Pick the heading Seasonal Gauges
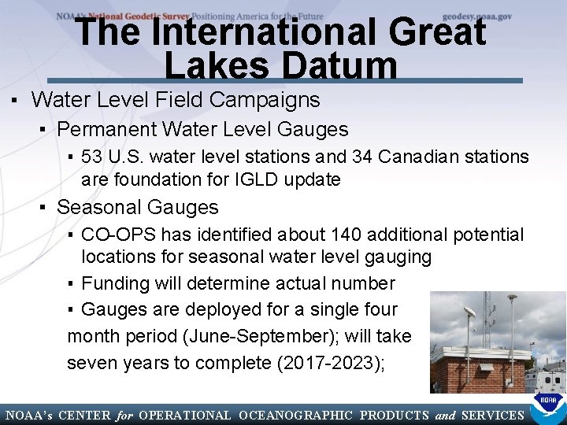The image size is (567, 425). pyautogui.click(x=138, y=207)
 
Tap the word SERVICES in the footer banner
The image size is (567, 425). pyautogui.click(x=493, y=416)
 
